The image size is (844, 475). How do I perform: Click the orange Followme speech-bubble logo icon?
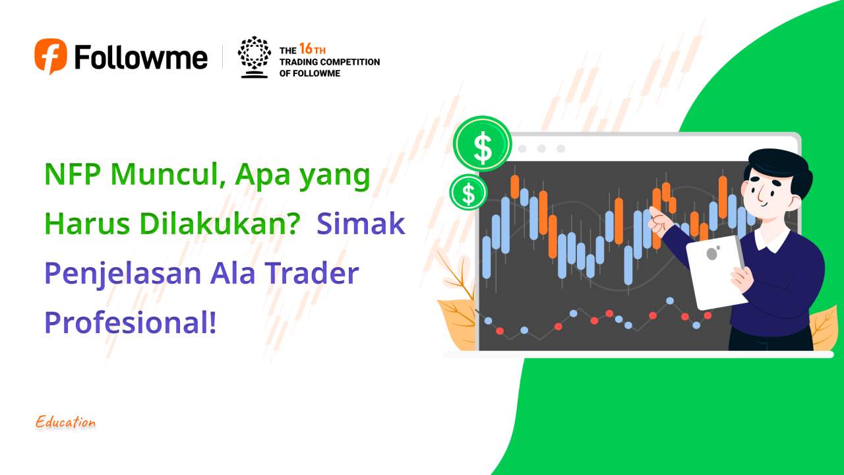click(51, 56)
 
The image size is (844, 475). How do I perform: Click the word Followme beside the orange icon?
click(141, 57)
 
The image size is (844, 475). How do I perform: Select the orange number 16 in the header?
click(306, 49)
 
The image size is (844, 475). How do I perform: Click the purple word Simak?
click(360, 224)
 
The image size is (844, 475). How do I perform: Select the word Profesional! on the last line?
click(131, 323)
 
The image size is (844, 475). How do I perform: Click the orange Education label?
click(66, 422)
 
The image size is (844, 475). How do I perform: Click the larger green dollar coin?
click(483, 144)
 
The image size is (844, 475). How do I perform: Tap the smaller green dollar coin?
click(468, 193)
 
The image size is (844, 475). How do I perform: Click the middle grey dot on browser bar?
click(542, 148)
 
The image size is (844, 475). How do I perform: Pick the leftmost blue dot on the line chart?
click(488, 321)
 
